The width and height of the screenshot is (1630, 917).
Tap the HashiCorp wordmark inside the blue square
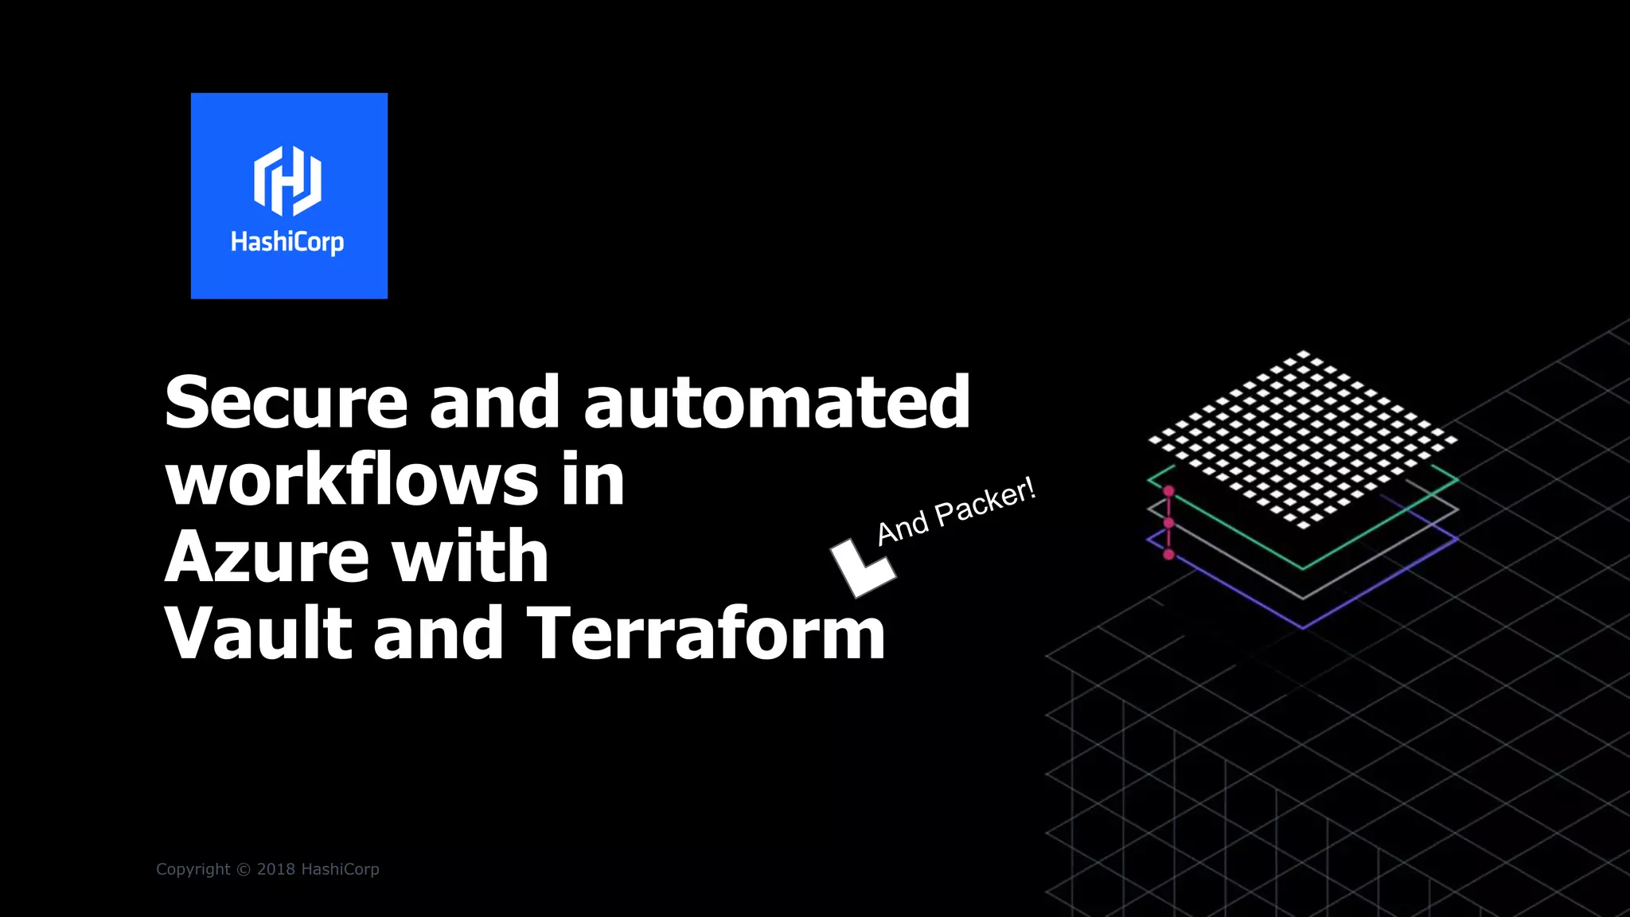tap(287, 241)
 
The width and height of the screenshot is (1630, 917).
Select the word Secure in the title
tap(286, 403)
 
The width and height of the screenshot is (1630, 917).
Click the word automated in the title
tap(777, 403)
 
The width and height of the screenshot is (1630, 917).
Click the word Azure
tap(266, 556)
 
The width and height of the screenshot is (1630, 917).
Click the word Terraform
tap(706, 634)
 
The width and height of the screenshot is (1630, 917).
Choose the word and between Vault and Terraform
tap(438, 634)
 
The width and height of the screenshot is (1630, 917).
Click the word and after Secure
tap(494, 403)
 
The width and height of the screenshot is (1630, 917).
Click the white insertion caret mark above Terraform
tap(862, 567)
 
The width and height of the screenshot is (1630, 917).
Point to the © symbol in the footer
tap(244, 869)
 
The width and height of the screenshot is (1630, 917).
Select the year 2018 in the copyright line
tap(275, 869)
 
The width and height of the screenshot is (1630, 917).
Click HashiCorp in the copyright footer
tap(340, 869)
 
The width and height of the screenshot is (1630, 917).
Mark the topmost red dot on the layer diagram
tap(1168, 491)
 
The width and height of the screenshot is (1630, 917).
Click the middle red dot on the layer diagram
tap(1168, 522)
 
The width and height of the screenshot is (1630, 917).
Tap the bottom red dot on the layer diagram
tap(1168, 554)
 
